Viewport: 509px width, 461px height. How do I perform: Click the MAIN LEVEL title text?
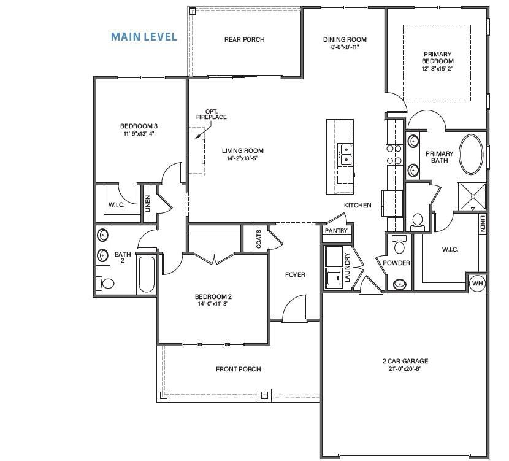(x=144, y=37)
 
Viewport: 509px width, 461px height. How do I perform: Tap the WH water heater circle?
(x=477, y=283)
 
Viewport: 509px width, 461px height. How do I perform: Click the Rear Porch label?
(x=244, y=40)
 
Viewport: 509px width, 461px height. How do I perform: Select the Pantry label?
(x=336, y=231)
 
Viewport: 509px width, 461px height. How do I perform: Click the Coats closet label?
(x=258, y=238)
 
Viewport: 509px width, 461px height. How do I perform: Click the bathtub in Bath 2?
(x=147, y=274)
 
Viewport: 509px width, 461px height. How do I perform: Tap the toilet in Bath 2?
(x=106, y=283)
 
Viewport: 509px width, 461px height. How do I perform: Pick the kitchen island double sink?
(x=345, y=153)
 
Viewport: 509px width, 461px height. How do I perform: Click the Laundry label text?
(x=347, y=268)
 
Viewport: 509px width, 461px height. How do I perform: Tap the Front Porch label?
(x=238, y=370)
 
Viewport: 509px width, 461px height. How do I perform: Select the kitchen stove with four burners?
(x=393, y=153)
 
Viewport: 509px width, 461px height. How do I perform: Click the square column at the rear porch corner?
(x=193, y=11)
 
